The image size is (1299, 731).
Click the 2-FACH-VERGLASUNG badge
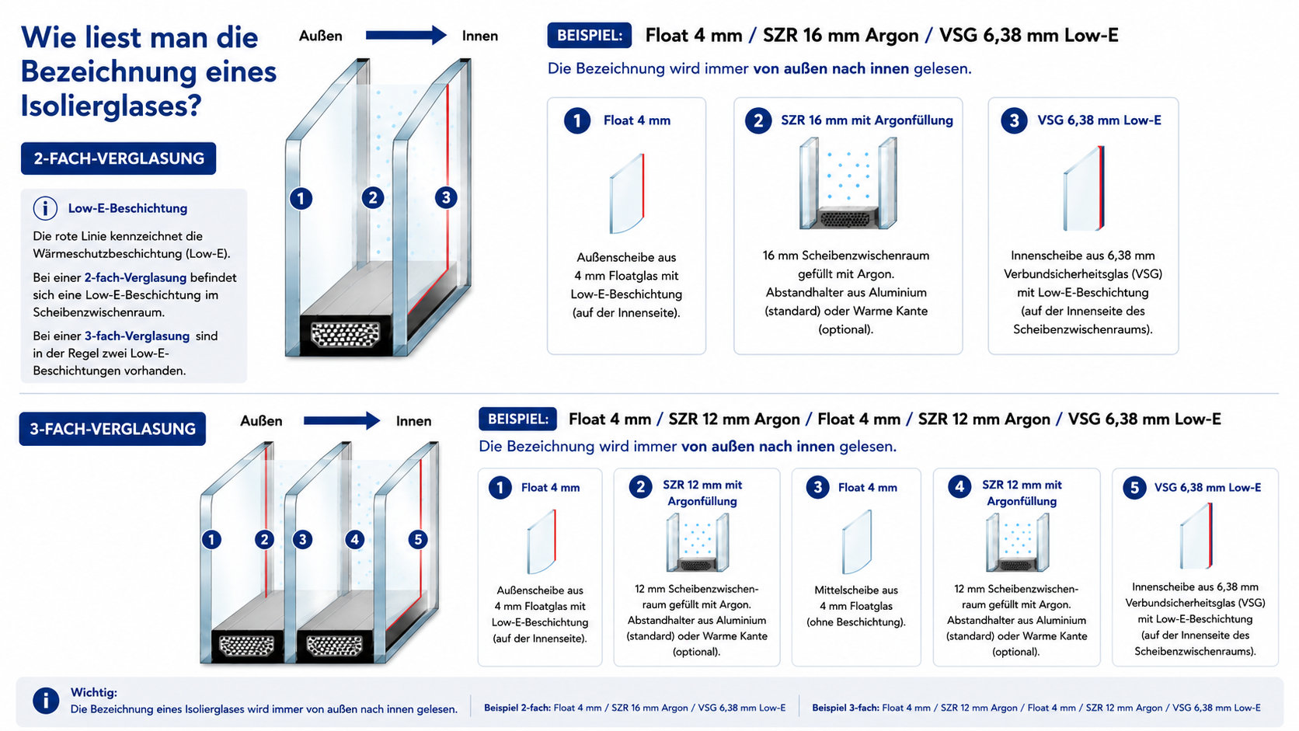point(118,158)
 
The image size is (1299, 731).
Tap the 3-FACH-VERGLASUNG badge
point(113,429)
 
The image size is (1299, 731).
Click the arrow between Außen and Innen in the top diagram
point(406,36)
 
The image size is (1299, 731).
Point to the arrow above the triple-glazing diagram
point(342,420)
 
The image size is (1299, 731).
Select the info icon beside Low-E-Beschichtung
point(45,208)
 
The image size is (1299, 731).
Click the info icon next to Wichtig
point(46,701)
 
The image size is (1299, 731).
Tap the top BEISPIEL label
point(589,36)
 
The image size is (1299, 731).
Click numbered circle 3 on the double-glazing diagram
point(446,197)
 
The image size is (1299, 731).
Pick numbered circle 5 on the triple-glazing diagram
point(417,540)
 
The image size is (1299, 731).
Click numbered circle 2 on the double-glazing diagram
point(373,197)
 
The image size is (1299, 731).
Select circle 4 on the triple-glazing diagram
point(354,540)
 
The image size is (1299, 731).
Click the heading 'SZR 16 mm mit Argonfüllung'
point(867,120)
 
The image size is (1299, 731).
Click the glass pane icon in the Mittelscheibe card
point(856,542)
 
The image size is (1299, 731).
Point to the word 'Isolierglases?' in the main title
point(111,106)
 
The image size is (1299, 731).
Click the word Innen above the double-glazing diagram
point(479,36)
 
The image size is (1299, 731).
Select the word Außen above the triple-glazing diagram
point(261,421)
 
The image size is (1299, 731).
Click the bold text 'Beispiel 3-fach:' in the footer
point(845,708)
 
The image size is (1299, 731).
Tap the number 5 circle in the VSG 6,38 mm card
point(1134,488)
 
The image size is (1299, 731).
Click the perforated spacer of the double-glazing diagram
point(345,335)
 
